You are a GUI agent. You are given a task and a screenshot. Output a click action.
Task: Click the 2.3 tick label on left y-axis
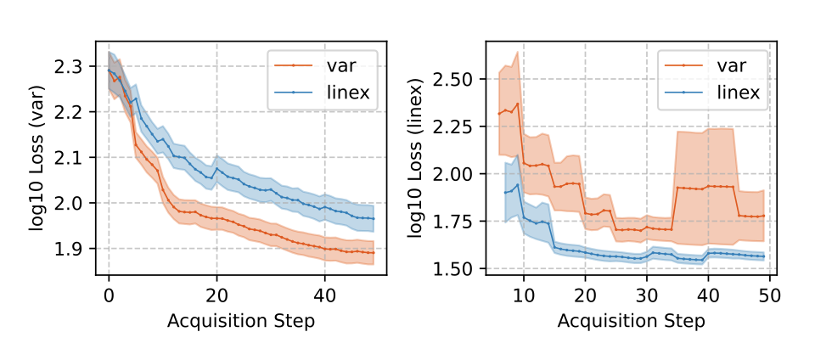pos(70,66)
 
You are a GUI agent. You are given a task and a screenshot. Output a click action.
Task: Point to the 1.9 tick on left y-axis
pos(70,249)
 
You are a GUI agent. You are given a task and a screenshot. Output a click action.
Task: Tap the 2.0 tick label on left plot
pos(70,203)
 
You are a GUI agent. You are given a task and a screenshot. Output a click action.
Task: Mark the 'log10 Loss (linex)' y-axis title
pos(417,159)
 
